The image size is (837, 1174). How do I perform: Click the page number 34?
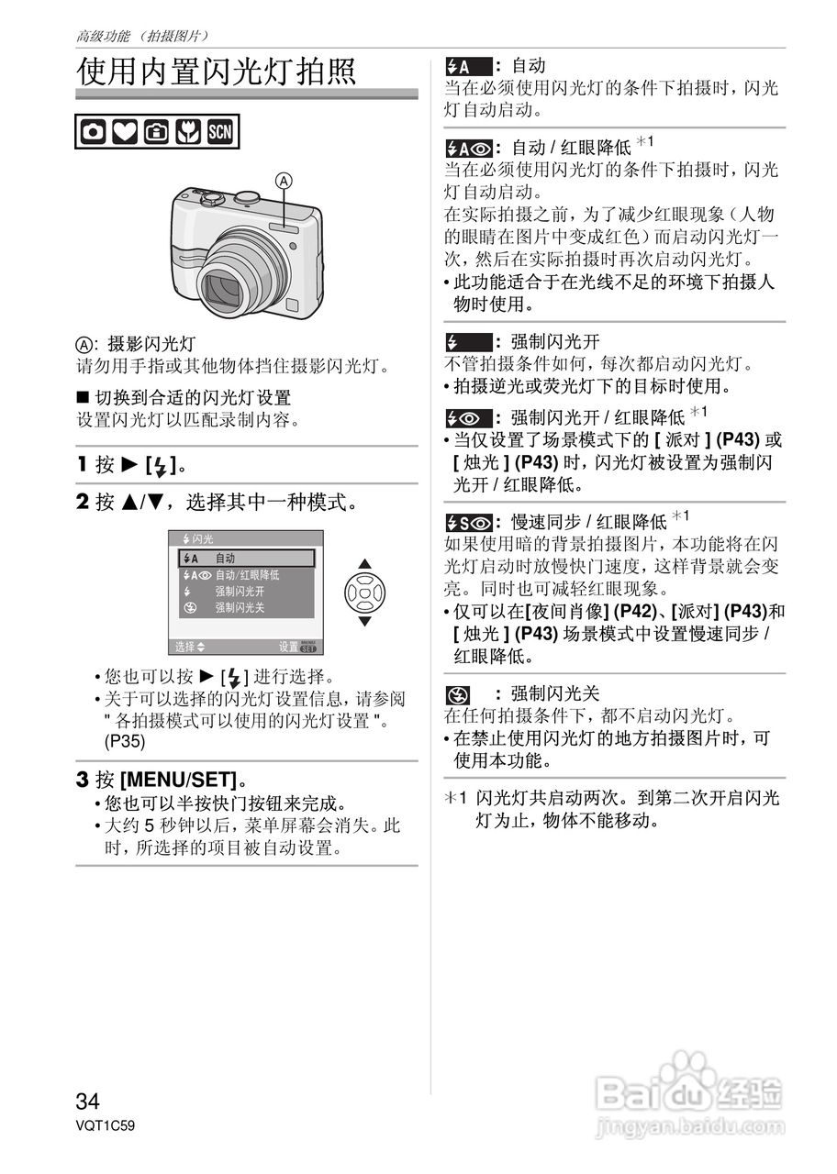point(88,1101)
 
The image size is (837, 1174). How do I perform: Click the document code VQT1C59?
point(106,1125)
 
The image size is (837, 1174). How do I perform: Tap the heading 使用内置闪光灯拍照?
point(217,71)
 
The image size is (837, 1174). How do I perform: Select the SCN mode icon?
point(221,132)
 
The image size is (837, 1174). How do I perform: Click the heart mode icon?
point(125,132)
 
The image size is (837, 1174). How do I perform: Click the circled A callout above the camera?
point(285,182)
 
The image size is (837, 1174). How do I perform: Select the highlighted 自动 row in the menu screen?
point(246,558)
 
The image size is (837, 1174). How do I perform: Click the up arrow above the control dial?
point(365,563)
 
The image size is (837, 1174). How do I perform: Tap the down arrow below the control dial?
point(365,621)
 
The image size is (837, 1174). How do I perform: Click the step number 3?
point(83,781)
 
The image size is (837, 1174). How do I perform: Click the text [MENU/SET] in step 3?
point(178,781)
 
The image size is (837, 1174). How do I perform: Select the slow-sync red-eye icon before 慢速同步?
point(469,523)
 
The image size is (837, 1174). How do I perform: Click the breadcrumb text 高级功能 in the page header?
point(103,37)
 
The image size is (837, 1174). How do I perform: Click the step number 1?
point(83,465)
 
